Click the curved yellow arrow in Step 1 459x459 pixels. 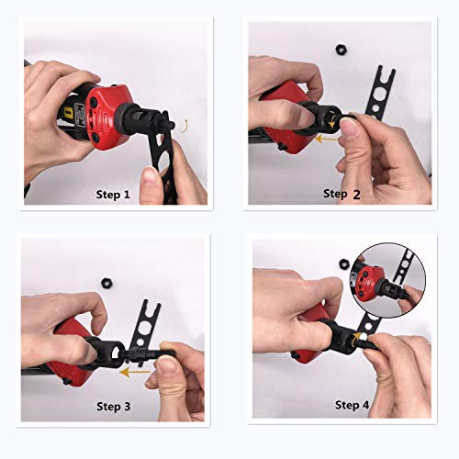pos(187,129)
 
